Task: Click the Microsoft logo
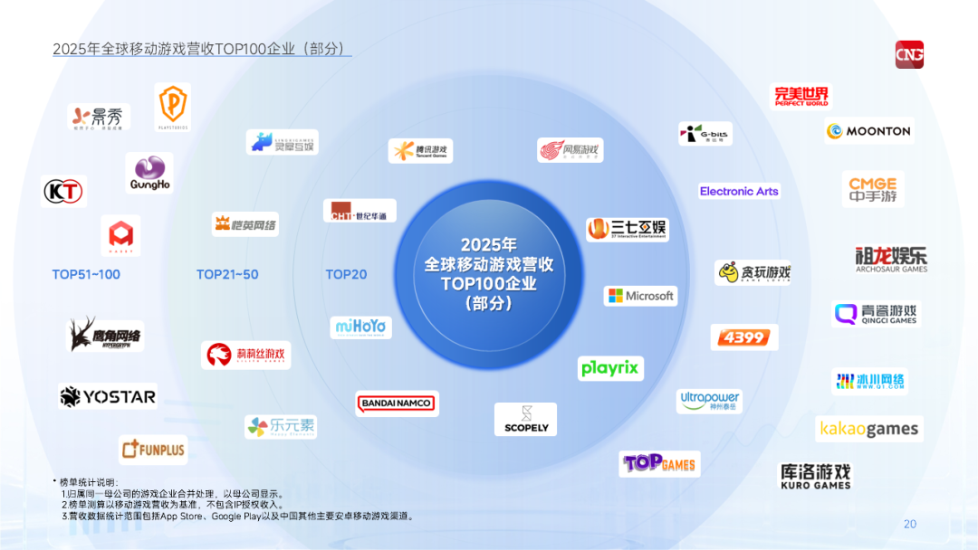tap(640, 296)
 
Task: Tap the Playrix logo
tap(610, 368)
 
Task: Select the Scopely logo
tap(526, 419)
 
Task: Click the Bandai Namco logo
tap(397, 403)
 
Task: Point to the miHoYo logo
tap(360, 326)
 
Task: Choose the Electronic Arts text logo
tap(739, 191)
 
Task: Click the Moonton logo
tap(868, 130)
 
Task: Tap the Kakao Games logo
tap(868, 429)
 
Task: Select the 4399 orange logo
tap(743, 337)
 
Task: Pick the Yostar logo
tap(108, 396)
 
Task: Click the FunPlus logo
tap(152, 449)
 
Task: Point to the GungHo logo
tap(149, 173)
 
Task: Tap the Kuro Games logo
tap(815, 476)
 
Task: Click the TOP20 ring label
tap(346, 274)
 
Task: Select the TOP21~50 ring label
tap(227, 274)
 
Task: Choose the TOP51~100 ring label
tap(86, 274)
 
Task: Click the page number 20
tap(910, 524)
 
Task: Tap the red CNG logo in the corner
tap(909, 54)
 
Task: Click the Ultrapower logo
tap(709, 401)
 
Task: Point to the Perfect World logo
tap(801, 96)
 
